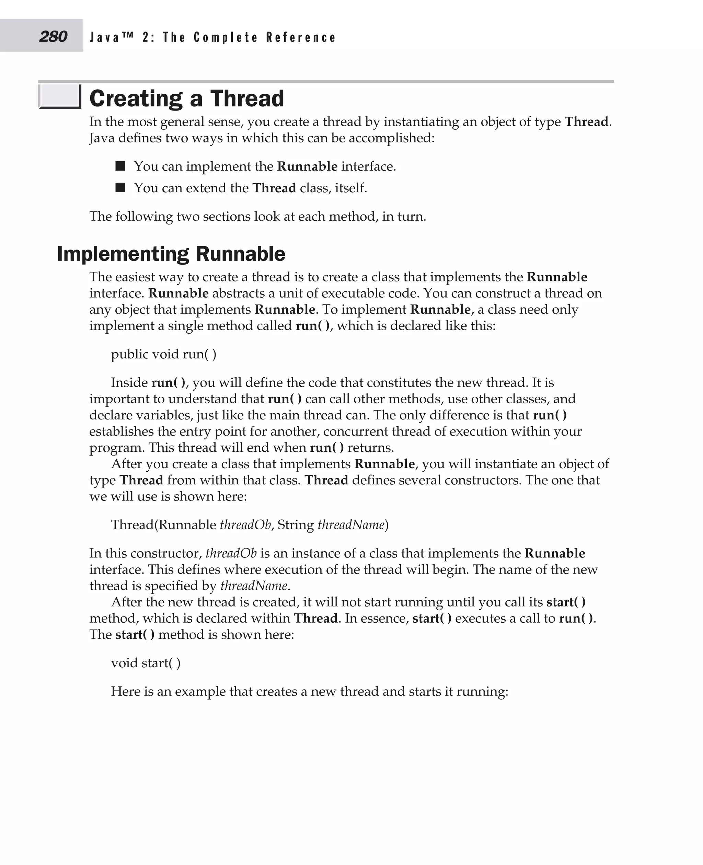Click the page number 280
[x=53, y=36]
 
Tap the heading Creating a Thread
[x=187, y=99]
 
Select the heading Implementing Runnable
[x=171, y=254]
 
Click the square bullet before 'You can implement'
[x=120, y=166]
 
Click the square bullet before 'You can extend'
[x=120, y=187]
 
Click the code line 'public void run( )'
[x=164, y=354]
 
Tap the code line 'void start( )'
[x=146, y=663]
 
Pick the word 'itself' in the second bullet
[x=349, y=188]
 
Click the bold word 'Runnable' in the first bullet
[x=307, y=166]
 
